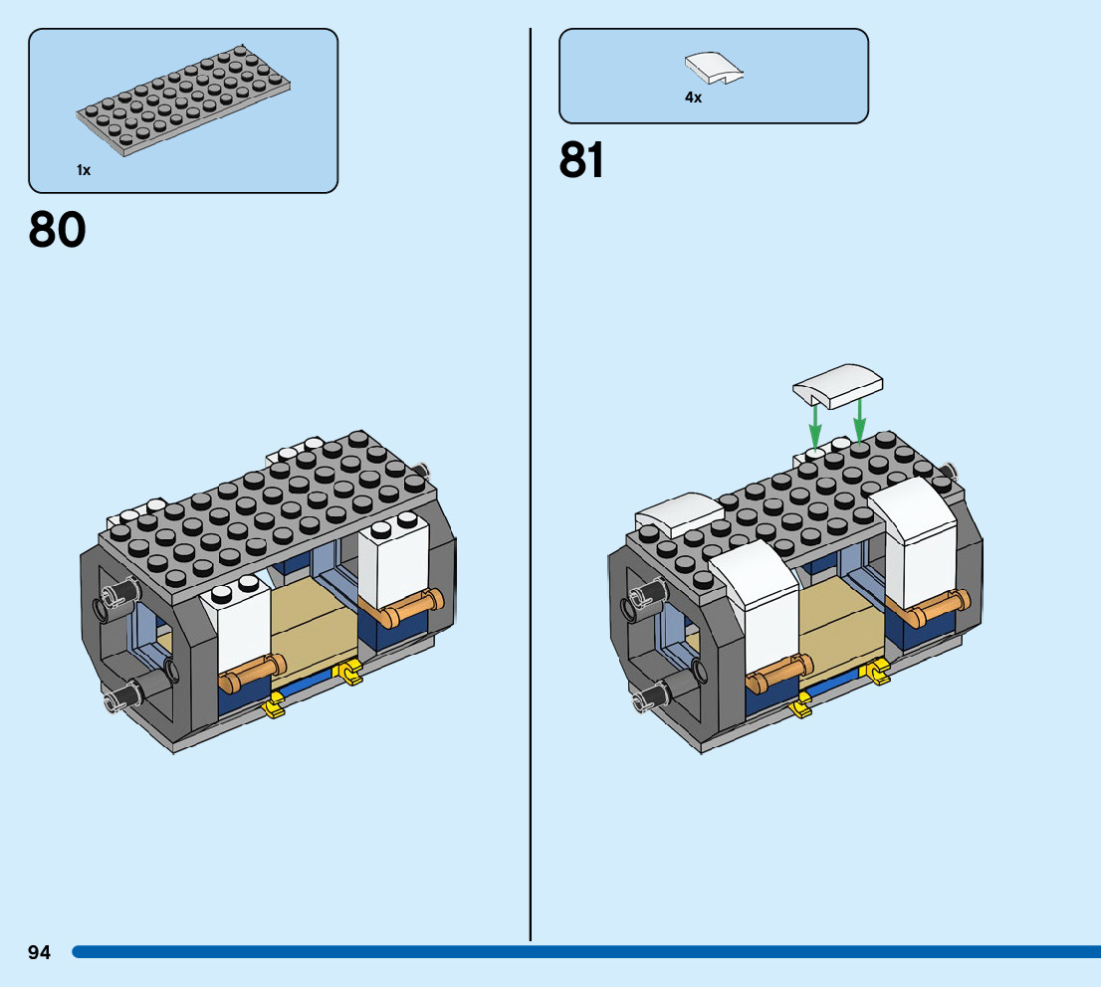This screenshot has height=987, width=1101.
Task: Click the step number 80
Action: pos(58,230)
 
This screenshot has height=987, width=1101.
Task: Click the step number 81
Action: pos(582,159)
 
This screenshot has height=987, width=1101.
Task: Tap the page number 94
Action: pos(39,952)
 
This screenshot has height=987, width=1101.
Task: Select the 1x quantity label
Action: pos(84,170)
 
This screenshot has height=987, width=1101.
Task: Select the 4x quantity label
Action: pos(693,98)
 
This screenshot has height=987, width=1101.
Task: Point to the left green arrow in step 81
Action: pos(814,425)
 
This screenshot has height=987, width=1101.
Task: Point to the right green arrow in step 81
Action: pos(859,418)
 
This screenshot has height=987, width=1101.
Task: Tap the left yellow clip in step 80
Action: pos(273,707)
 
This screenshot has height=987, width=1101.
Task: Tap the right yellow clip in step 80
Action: pos(350,674)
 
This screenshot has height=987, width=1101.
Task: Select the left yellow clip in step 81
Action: pos(799,707)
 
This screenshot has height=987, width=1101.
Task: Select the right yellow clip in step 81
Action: pos(878,674)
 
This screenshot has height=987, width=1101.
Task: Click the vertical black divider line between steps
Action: pos(531,497)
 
